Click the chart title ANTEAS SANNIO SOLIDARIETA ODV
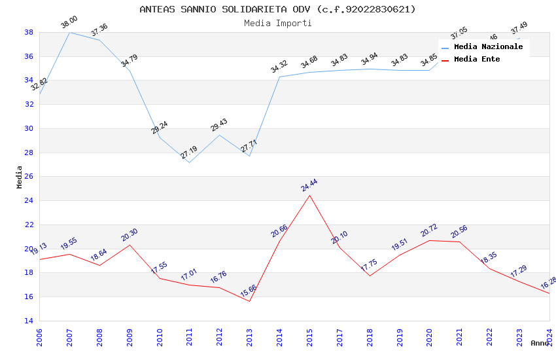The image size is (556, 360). coord(277,9)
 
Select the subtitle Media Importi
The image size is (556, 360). coord(277,23)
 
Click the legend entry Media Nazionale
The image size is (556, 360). coord(488,46)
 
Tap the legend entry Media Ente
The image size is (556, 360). coord(477,59)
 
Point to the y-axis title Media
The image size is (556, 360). coord(20,177)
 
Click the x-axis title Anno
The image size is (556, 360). coord(540,343)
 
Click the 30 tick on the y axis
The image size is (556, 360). coord(29,128)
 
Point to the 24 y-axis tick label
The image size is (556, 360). coord(29,201)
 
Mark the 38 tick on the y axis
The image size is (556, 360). coord(29,32)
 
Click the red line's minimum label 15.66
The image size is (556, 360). coord(249,291)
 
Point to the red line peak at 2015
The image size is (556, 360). coord(309,195)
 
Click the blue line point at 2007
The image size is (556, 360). coord(69,32)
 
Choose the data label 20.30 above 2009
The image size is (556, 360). coord(130,235)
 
